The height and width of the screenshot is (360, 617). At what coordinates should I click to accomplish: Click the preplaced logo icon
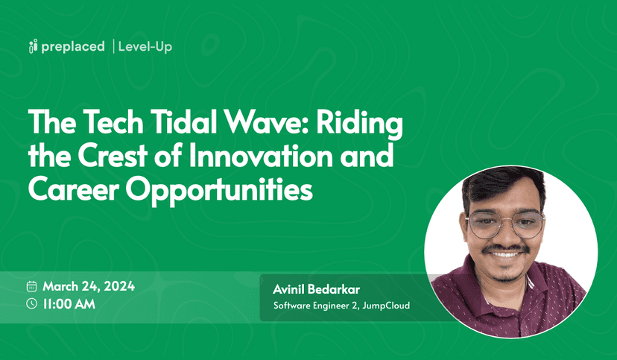32,47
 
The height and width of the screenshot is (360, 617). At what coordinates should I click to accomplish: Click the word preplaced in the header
73,47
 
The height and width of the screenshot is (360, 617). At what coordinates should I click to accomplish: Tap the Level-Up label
145,47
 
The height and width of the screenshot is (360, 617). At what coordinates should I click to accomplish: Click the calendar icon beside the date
31,286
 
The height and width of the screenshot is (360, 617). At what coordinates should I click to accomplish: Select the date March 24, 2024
89,286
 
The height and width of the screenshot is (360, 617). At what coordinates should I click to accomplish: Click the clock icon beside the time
31,303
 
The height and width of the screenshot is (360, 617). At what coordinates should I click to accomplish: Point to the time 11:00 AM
69,303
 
